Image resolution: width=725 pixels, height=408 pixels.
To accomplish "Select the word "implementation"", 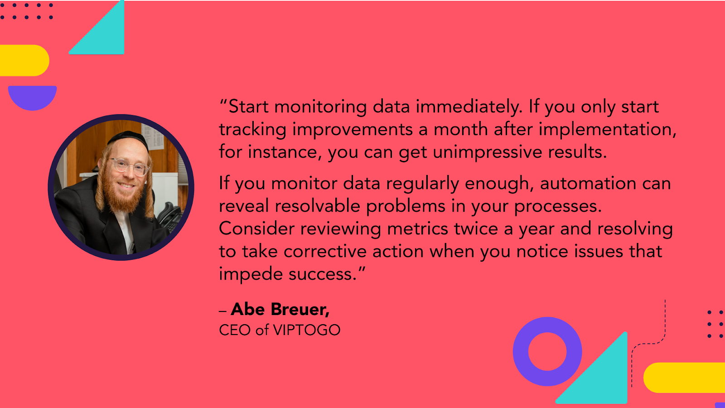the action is [608, 130].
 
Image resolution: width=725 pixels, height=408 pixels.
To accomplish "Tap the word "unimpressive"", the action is [488, 152].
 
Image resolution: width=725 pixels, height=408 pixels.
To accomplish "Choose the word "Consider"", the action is [256, 228].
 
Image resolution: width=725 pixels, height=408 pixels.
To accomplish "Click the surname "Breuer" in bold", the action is [300, 309].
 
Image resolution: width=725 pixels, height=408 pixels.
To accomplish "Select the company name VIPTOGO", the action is [307, 330].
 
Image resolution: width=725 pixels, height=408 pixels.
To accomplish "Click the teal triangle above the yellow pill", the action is [104, 36].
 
